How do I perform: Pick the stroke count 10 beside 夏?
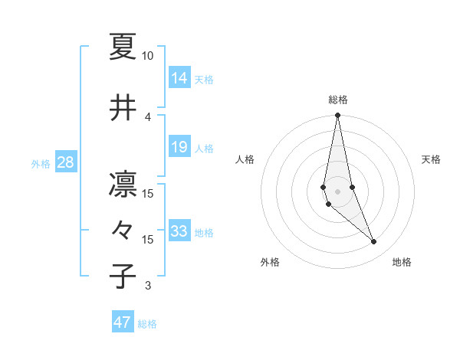147,56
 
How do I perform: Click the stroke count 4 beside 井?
148,117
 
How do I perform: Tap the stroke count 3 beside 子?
148,286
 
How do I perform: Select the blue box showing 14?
179,77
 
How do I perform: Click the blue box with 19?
179,147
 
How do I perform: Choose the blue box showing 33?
179,231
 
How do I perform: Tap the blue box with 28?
65,162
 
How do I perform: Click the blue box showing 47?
122,322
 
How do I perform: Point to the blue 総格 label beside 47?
147,324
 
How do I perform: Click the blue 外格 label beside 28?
41,163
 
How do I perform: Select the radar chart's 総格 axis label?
338,100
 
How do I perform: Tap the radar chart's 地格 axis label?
402,262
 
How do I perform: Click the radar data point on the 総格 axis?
337,116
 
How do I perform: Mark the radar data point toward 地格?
374,242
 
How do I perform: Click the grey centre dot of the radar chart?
337,191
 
